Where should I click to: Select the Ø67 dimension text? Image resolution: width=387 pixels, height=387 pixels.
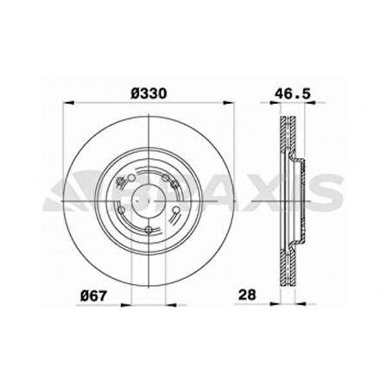click(95, 295)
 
